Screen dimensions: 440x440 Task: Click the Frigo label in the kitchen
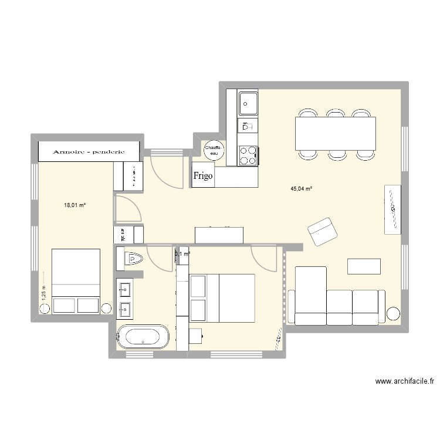(203, 175)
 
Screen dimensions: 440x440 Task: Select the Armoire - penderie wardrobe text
(89, 151)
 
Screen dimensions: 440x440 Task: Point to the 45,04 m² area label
(302, 189)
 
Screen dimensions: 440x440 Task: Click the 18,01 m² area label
(75, 205)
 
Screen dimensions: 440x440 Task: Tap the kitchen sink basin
(248, 103)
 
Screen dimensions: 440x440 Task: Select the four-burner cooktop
(248, 155)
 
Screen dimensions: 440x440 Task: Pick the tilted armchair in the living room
(323, 231)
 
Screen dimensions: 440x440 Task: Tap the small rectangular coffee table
(364, 266)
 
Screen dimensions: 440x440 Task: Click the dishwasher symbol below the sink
(247, 126)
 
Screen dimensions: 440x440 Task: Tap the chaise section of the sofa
(310, 293)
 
